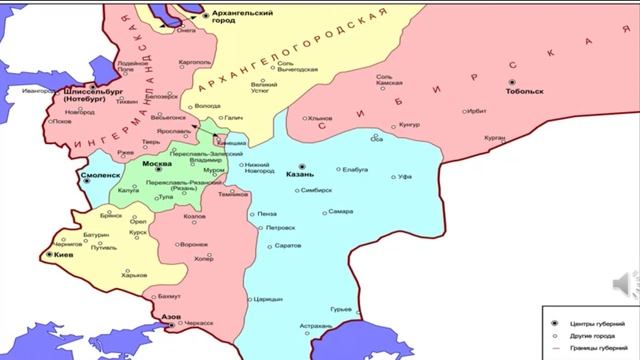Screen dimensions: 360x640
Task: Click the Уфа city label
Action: point(377,176)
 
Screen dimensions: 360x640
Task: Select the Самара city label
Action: point(341,212)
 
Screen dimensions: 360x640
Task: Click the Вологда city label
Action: point(207,105)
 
